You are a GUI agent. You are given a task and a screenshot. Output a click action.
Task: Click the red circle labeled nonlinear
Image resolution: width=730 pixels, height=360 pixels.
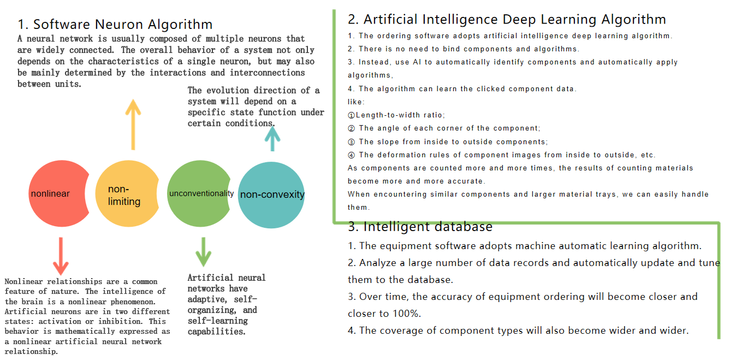pos(57,194)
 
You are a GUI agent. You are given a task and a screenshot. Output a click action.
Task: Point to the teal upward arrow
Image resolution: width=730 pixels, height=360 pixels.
pos(271,135)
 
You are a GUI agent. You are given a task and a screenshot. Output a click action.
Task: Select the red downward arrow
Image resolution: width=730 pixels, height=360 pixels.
pos(61,256)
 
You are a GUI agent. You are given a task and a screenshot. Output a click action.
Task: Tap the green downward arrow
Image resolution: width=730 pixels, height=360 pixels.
pos(203,252)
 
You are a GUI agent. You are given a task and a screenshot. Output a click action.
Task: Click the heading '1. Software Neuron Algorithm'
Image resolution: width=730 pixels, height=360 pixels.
pos(115,24)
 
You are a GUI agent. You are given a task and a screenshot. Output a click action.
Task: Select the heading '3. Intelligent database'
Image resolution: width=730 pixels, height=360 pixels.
pos(420,227)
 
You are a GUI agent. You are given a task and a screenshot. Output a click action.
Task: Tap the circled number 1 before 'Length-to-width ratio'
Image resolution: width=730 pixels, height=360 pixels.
pos(352,115)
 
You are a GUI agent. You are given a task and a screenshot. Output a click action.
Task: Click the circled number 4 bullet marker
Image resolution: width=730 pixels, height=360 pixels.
pos(352,155)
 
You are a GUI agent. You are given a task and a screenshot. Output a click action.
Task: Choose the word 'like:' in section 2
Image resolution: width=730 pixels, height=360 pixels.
pos(356,102)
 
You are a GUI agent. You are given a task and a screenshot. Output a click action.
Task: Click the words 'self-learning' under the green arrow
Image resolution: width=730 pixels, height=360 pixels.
pos(218,321)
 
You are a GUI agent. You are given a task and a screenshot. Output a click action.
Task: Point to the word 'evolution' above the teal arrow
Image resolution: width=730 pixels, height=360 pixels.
pos(234,90)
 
